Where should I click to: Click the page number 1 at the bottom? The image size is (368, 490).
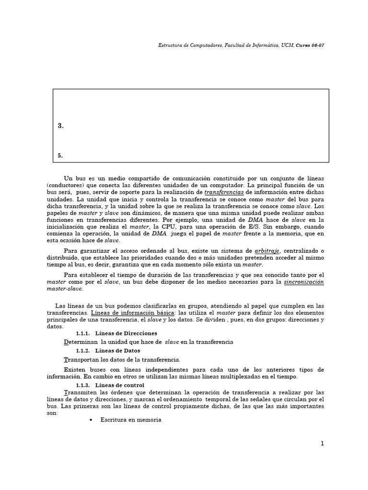coord(322,444)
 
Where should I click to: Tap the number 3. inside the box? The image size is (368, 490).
coord(60,126)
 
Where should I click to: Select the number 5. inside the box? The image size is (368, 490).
coord(60,156)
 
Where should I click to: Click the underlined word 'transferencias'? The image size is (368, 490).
coord(224,192)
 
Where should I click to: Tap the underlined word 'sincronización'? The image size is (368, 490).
coord(304,282)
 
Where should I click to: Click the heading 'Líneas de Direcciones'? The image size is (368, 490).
coord(126,333)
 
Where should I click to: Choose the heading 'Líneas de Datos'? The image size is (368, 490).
coord(117,351)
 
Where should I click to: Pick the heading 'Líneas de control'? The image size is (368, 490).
coord(119,385)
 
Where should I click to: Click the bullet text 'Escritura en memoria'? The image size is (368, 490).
coord(131,420)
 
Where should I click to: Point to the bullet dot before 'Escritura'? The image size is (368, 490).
coord(91,420)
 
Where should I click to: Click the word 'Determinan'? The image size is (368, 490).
coord(80,342)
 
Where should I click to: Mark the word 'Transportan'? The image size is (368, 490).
coord(81,359)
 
